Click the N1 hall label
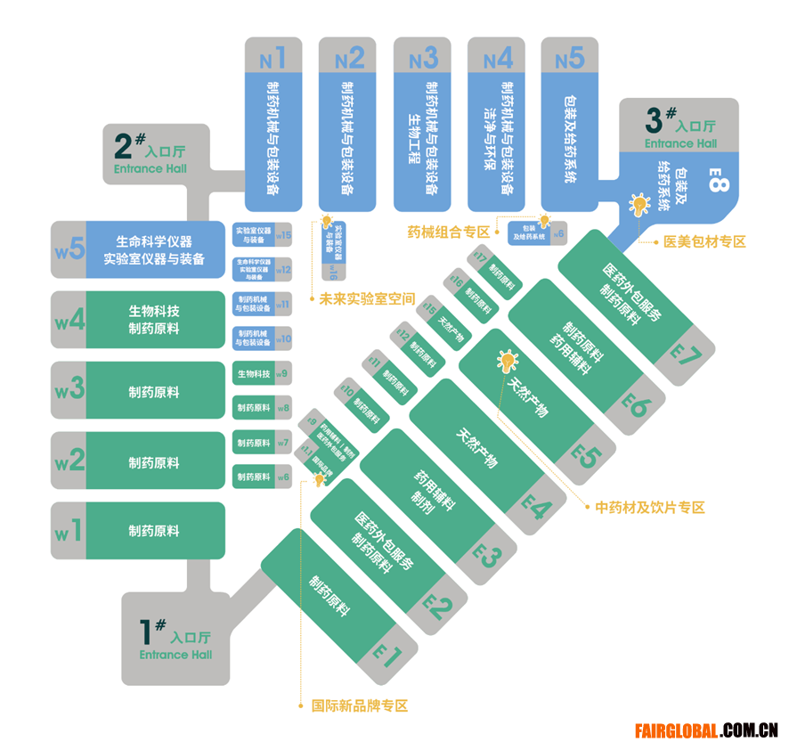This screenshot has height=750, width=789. click(x=272, y=59)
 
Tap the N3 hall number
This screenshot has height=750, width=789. click(x=423, y=59)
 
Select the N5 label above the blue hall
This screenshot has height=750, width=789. click(x=570, y=59)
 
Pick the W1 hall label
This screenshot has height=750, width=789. click(x=69, y=532)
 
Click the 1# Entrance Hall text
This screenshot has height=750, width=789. click(x=175, y=639)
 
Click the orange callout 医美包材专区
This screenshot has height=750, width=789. click(x=704, y=241)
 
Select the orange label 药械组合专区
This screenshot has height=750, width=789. click(x=448, y=232)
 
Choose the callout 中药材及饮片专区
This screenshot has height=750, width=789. click(x=650, y=507)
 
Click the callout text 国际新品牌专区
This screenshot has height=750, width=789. click(x=359, y=705)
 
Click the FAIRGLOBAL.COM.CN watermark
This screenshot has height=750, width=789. click(x=707, y=731)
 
